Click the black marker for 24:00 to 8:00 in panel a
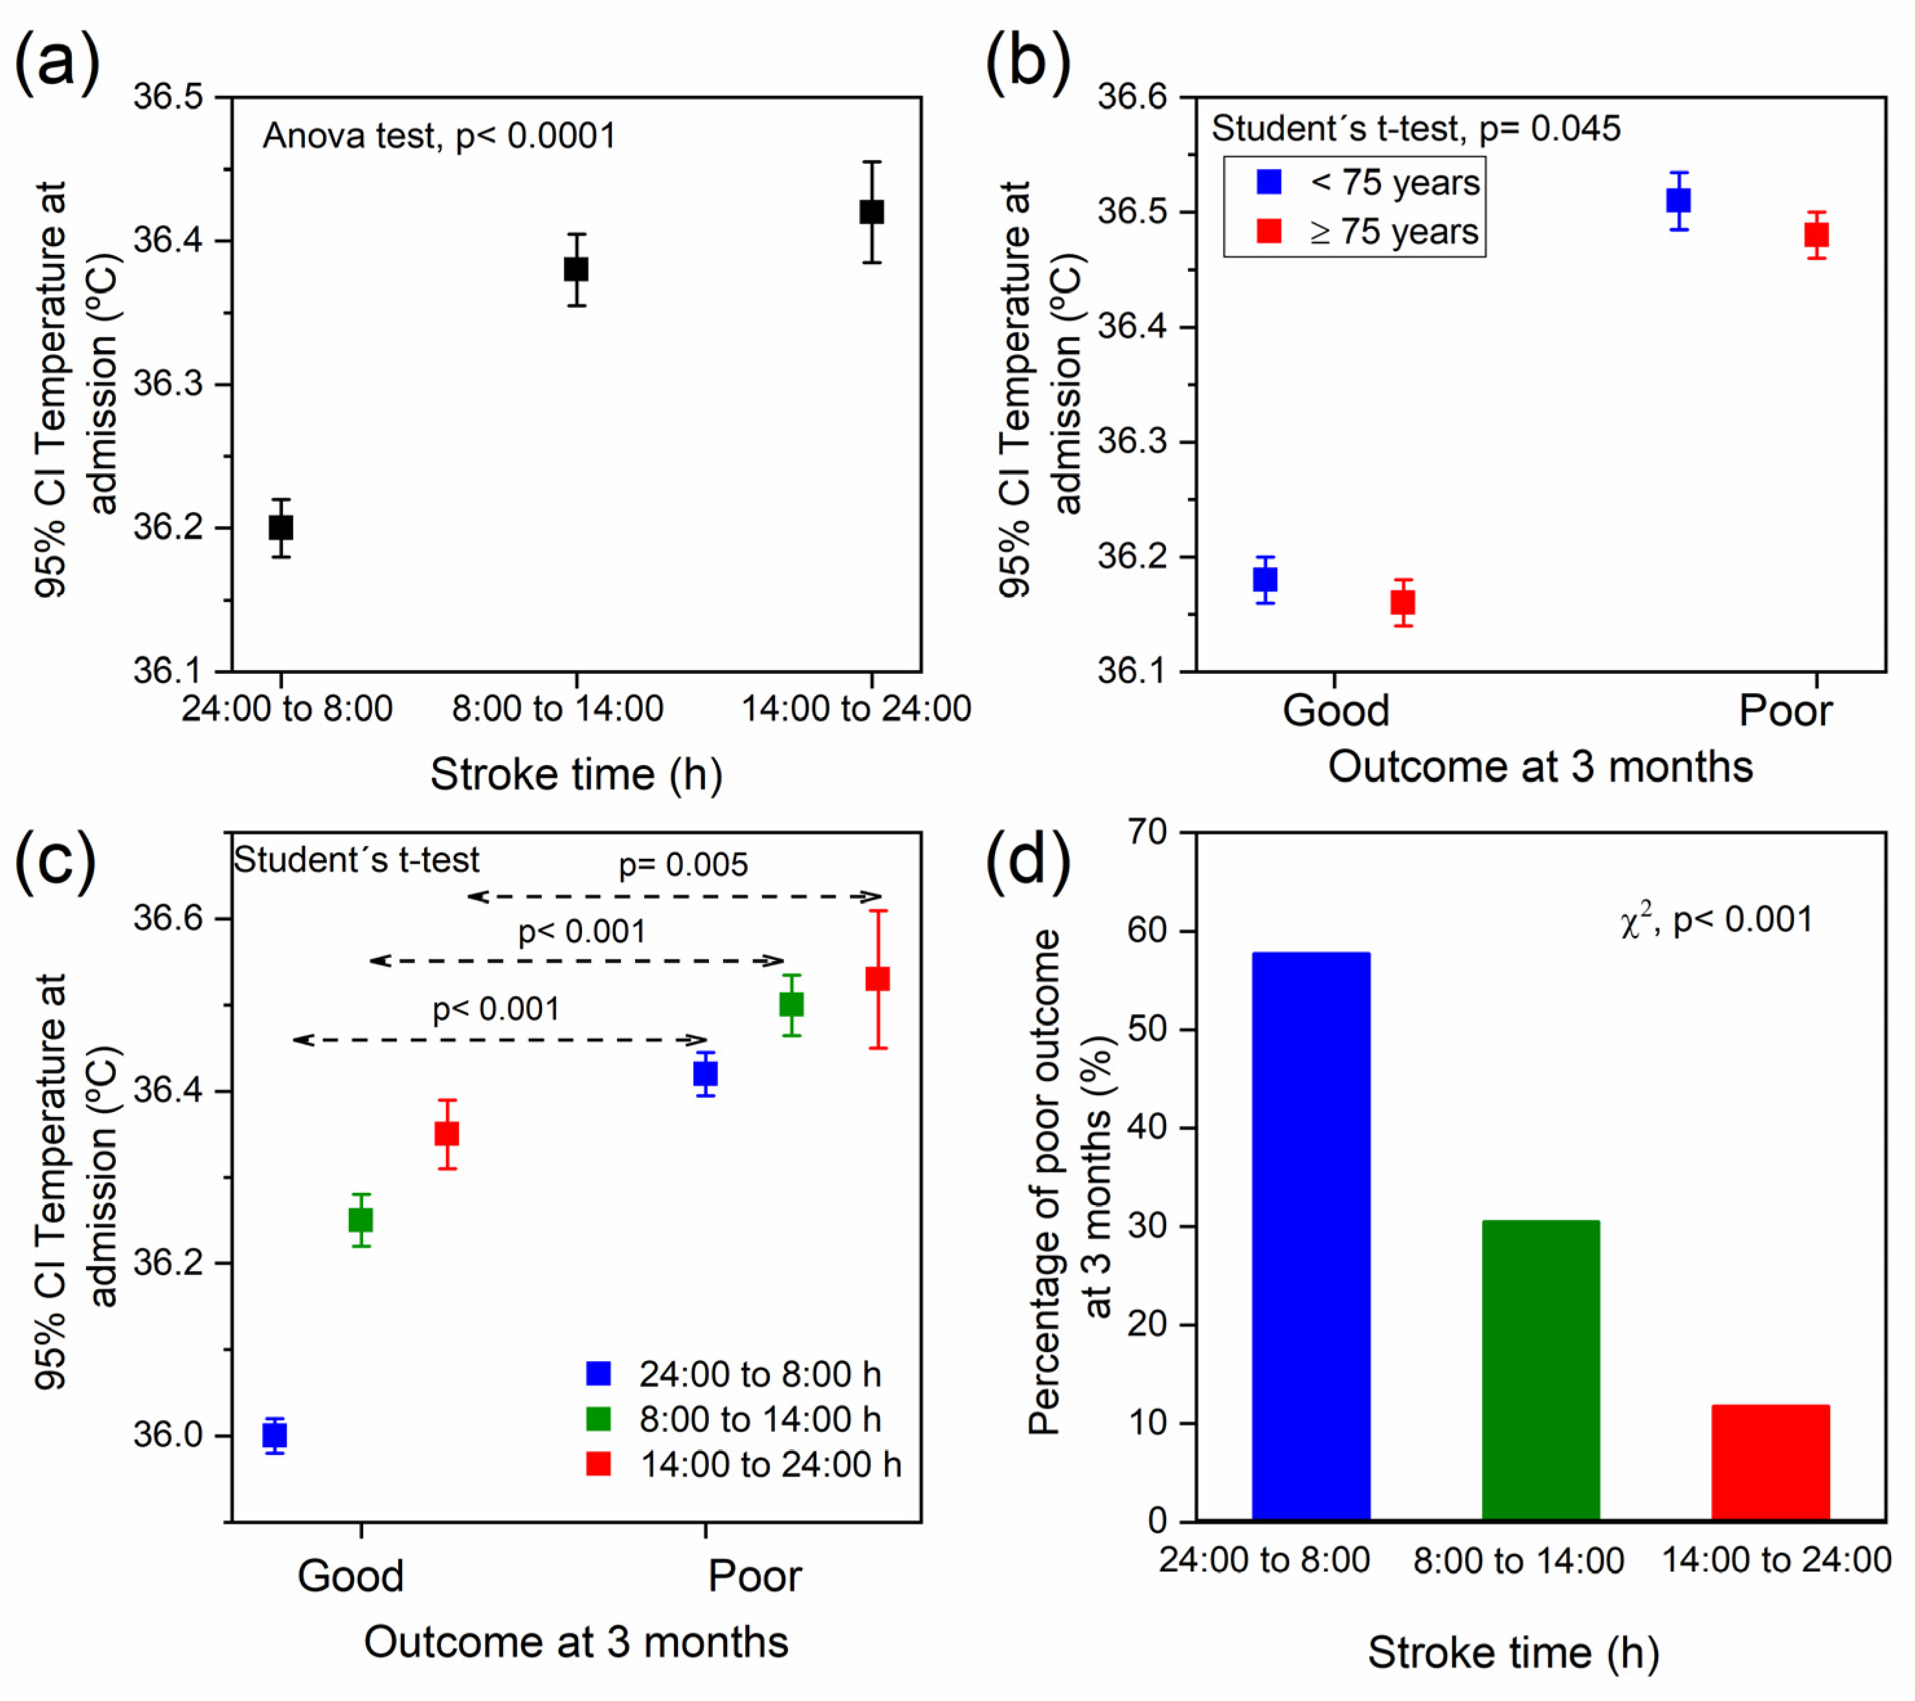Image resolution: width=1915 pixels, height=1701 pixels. [x=281, y=528]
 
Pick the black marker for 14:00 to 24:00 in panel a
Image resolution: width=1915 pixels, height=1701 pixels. [x=871, y=212]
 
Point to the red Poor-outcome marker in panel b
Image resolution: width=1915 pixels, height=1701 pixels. [x=1817, y=235]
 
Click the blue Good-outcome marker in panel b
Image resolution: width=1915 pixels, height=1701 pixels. [x=1265, y=580]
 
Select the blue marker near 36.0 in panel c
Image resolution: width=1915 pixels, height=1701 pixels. [x=274, y=1435]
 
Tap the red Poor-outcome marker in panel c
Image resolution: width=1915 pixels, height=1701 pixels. [x=878, y=979]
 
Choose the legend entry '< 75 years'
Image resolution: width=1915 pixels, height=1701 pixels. [x=1368, y=183]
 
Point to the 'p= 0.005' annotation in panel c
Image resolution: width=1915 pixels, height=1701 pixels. [x=683, y=865]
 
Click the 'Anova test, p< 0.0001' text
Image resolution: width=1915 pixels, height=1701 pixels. [x=438, y=137]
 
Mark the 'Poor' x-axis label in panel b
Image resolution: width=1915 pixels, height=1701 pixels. [x=1785, y=711]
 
